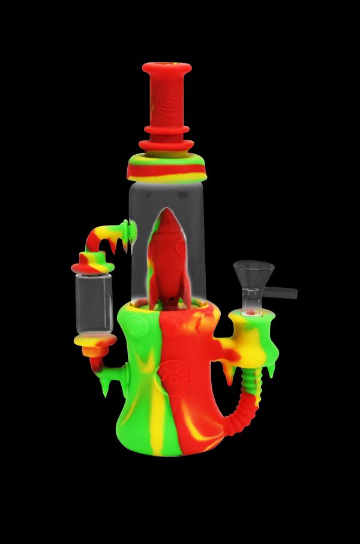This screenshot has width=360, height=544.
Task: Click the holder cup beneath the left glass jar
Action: point(95,342)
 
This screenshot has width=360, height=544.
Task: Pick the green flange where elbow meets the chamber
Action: point(125,231)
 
